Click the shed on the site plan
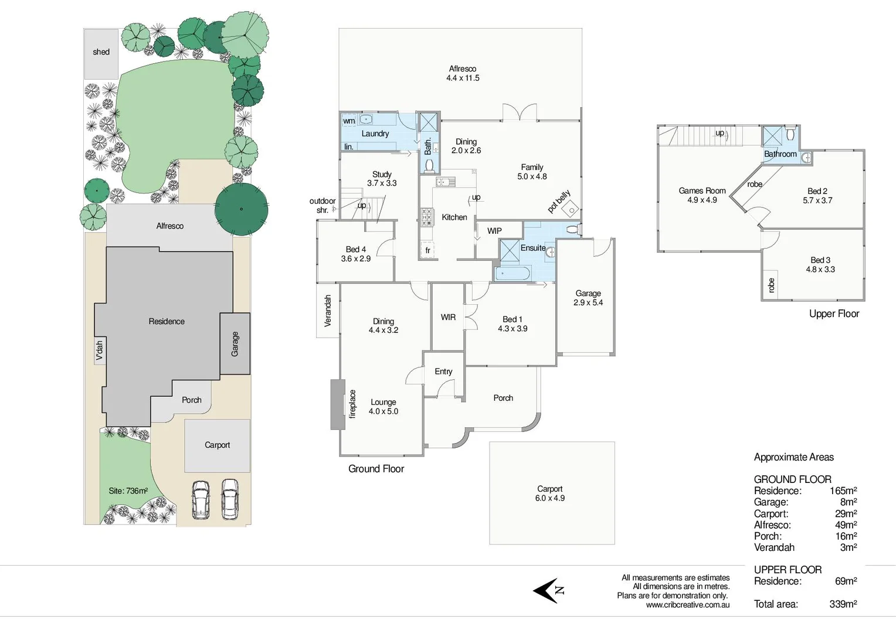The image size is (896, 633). coord(101,53)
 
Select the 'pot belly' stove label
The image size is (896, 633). coord(559,202)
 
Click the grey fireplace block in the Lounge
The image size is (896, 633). coord(337,404)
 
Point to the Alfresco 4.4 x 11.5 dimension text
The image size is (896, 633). coord(463,78)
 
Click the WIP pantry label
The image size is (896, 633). coord(494,231)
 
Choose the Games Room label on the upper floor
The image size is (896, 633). coord(702,190)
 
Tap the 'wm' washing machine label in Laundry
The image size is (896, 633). coord(349,121)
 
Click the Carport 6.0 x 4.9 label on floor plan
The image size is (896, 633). coord(549,494)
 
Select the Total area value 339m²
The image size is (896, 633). coord(843,604)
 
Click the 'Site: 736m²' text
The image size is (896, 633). coord(128,491)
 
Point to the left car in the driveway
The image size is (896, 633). coord(201,499)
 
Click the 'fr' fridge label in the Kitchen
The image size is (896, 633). coord(427,250)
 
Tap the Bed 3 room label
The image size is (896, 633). coord(820,260)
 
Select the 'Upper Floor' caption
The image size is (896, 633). coord(834,314)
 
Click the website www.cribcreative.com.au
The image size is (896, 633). coord(687,605)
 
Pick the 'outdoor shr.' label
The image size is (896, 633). coord(322,205)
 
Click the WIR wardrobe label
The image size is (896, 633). coord(448,317)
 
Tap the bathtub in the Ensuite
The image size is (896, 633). coord(513,274)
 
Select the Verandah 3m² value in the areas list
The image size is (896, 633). coord(848,547)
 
